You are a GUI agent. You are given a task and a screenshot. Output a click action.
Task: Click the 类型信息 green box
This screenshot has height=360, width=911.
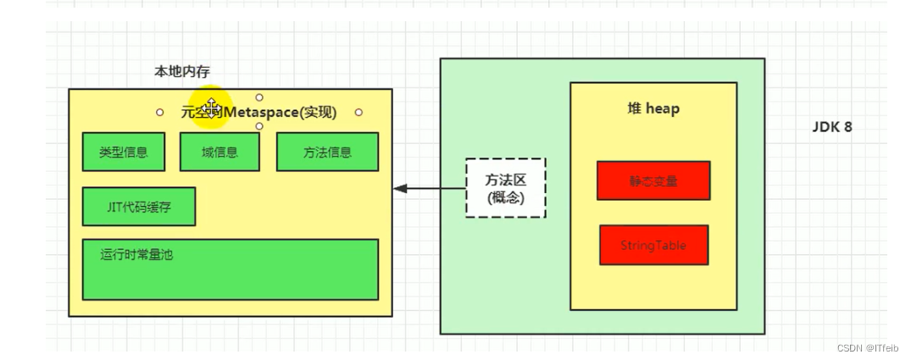pyautogui.click(x=123, y=152)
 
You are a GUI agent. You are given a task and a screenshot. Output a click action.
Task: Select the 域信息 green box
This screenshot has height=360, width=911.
pyautogui.click(x=219, y=152)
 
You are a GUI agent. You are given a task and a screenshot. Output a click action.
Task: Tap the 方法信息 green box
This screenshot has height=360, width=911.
pyautogui.click(x=327, y=152)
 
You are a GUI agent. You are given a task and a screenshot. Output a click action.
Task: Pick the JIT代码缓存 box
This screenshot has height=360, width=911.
pyautogui.click(x=138, y=207)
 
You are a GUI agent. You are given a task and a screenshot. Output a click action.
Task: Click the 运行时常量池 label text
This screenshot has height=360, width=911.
pyautogui.click(x=136, y=254)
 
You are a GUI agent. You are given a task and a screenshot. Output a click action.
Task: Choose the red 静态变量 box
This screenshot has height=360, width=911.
pyautogui.click(x=653, y=180)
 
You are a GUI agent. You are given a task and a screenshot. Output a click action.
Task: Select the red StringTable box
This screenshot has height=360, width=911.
pyautogui.click(x=653, y=245)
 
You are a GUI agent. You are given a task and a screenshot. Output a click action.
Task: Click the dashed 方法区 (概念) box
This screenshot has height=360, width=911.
pyautogui.click(x=505, y=188)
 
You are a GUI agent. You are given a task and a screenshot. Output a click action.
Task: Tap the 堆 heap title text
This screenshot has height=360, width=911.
pyautogui.click(x=652, y=108)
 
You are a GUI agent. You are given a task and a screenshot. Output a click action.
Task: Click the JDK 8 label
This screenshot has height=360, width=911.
pyautogui.click(x=831, y=127)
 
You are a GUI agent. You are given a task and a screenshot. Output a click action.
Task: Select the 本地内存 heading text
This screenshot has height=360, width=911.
pyautogui.click(x=181, y=72)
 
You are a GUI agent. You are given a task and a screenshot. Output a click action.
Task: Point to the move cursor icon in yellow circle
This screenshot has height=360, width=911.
pyautogui.click(x=212, y=108)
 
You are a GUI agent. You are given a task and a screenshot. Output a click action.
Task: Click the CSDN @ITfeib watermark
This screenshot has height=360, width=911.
pyautogui.click(x=866, y=347)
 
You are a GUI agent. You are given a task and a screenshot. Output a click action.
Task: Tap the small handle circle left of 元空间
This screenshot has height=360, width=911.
pyautogui.click(x=159, y=112)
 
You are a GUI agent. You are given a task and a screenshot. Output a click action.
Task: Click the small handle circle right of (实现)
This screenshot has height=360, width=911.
pyautogui.click(x=358, y=112)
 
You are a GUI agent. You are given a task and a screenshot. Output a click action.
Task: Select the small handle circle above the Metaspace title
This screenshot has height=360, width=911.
pyautogui.click(x=259, y=97)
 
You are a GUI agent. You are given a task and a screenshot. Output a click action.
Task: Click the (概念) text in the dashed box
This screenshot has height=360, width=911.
pyautogui.click(x=505, y=197)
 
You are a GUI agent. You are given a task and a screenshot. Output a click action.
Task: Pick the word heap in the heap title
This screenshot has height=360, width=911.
pyautogui.click(x=662, y=108)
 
